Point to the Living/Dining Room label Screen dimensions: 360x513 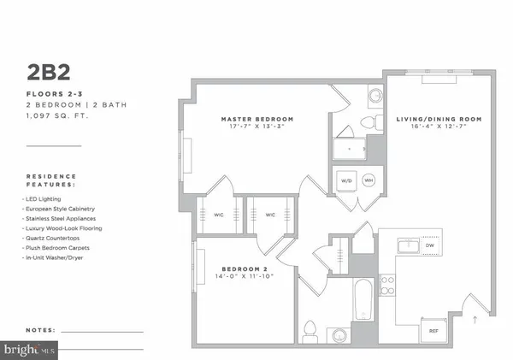[x=439, y=119]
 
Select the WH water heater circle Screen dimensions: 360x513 [x=369, y=180]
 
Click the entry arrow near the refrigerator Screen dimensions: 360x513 [x=475, y=321]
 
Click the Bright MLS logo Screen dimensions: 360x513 [x=31, y=349]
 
